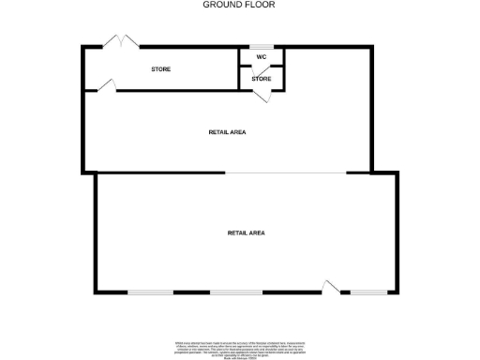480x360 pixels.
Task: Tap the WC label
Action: (x=262, y=57)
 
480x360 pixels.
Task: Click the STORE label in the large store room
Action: (x=161, y=69)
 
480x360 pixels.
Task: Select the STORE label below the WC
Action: (x=262, y=79)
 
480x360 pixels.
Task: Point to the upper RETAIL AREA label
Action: (x=227, y=132)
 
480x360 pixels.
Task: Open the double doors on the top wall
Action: (x=121, y=42)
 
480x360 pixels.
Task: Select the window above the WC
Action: (x=262, y=46)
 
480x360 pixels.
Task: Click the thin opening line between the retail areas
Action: (x=286, y=172)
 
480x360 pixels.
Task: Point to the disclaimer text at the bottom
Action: (x=239, y=348)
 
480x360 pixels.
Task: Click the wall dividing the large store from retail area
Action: (x=178, y=90)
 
